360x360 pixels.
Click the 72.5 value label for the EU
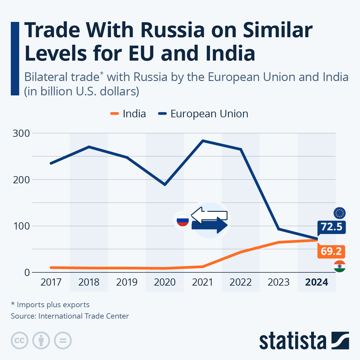coord(331,227)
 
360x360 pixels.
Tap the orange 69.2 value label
coord(331,251)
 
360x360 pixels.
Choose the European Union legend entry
coord(203,114)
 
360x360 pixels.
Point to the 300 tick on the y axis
coord(21,133)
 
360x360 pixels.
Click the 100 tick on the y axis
coord(21,226)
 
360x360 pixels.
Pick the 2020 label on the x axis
coord(165,282)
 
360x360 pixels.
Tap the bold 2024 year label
coord(316,282)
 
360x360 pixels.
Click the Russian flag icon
coord(182,221)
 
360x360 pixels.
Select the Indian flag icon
coord(340,266)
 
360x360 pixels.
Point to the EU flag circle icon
coord(340,213)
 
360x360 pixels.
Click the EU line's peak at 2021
coord(203,140)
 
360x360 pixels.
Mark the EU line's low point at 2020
coord(165,184)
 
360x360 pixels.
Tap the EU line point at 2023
coord(279,229)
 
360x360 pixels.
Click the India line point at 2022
coord(241,252)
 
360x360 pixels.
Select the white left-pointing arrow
coord(209,215)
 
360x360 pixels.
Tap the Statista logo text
coord(292,341)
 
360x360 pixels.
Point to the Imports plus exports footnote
coord(50,305)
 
